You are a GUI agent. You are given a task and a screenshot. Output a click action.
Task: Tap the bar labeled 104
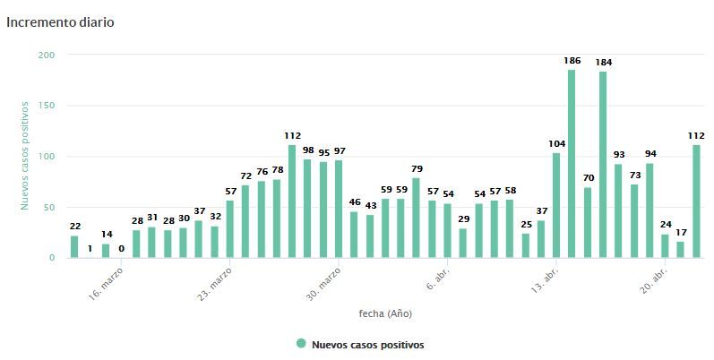point(556,205)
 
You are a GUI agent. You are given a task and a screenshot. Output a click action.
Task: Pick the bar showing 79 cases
point(416,218)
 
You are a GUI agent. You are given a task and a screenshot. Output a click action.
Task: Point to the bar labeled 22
point(74,246)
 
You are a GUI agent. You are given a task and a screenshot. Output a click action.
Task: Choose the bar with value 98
point(307,208)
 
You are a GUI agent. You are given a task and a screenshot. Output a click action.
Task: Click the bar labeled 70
point(588,222)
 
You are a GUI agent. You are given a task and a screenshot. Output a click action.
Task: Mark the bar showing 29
point(462,243)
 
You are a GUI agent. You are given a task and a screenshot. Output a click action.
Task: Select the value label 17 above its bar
point(681,233)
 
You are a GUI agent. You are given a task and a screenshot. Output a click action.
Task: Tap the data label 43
point(370,206)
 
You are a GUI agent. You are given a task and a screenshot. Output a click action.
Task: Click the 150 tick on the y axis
point(46,106)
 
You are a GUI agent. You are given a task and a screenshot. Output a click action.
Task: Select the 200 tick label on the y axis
point(46,55)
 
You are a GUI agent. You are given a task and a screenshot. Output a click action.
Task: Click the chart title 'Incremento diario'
point(60,21)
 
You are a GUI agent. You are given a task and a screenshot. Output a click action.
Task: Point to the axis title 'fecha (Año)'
point(385,313)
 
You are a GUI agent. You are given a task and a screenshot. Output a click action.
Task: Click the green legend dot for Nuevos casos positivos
point(301,344)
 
